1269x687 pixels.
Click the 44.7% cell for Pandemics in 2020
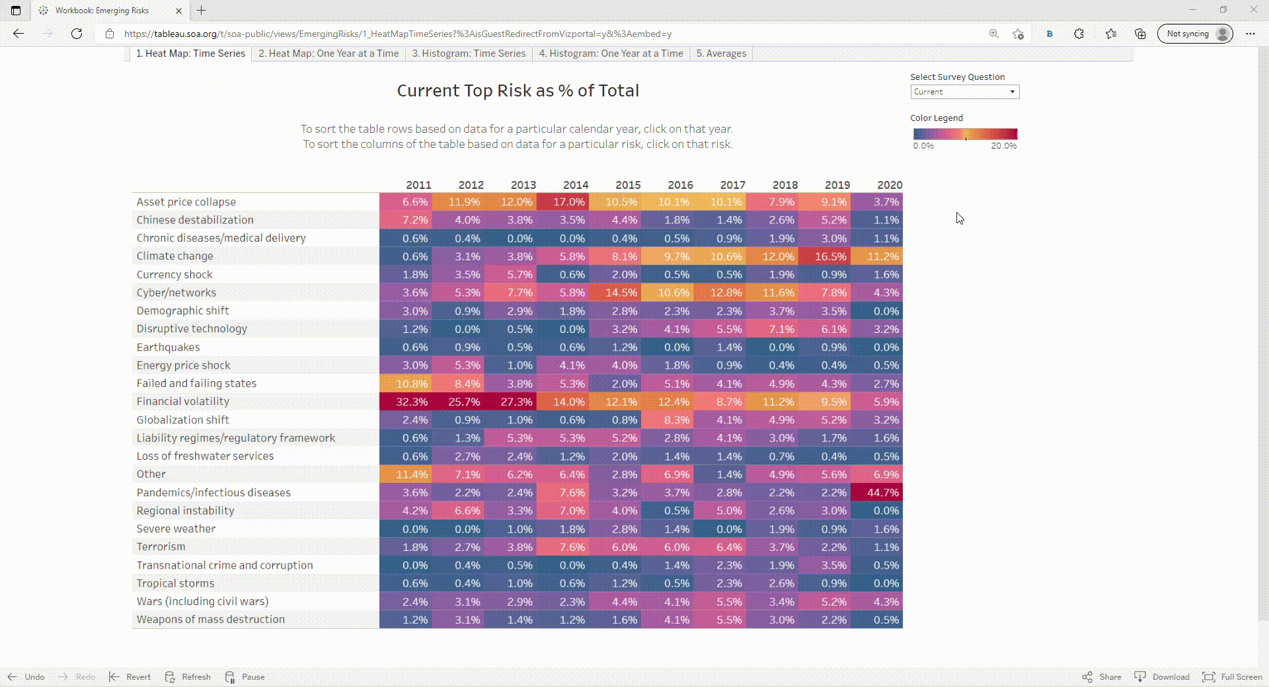point(876,492)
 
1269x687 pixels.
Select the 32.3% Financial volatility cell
point(406,402)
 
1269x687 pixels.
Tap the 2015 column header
point(627,185)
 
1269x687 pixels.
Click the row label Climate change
point(174,256)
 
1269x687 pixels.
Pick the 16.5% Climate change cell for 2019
point(824,256)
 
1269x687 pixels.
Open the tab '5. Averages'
point(720,54)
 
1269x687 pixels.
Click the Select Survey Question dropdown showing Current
point(964,92)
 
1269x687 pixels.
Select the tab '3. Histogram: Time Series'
point(469,54)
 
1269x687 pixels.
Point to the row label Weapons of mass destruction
point(210,620)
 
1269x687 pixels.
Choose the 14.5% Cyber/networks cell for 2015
point(615,293)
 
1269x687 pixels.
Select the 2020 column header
point(889,185)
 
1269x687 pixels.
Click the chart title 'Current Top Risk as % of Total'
point(518,90)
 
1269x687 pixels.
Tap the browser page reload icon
point(77,34)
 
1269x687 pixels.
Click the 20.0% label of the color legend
point(1003,146)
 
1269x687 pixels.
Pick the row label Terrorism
point(161,547)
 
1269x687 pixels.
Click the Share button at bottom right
point(1102,676)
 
